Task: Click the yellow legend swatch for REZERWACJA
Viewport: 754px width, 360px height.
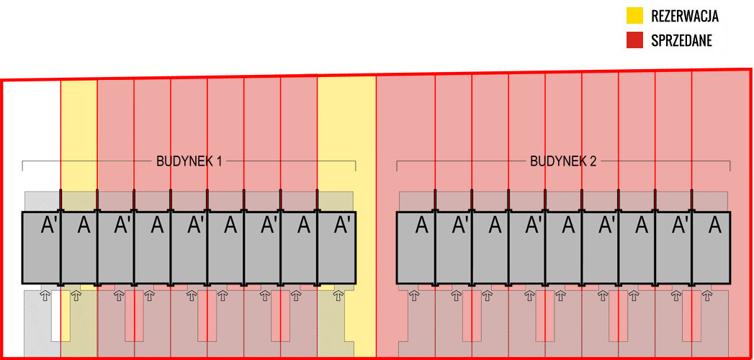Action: [634, 15]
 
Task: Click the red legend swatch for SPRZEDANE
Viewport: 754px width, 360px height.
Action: [634, 40]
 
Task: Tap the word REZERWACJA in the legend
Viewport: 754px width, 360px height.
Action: [684, 16]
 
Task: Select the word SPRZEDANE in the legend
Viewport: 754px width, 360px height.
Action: [681, 41]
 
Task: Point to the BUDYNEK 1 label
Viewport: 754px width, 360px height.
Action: [189, 161]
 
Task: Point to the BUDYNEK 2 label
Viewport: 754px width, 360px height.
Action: [563, 161]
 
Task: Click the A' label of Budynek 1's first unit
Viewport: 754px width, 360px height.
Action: [49, 225]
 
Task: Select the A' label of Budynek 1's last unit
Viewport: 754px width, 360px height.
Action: [343, 225]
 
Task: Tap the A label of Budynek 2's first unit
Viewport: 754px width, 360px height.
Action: [422, 225]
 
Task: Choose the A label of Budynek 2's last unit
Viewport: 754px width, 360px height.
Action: [715, 225]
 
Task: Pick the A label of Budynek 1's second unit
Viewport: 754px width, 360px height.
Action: [84, 225]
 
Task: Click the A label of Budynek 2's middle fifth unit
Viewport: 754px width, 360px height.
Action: [568, 225]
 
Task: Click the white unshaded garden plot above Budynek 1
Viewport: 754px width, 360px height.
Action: [32, 130]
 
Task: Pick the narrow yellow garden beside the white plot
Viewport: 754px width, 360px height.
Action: [78, 130]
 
